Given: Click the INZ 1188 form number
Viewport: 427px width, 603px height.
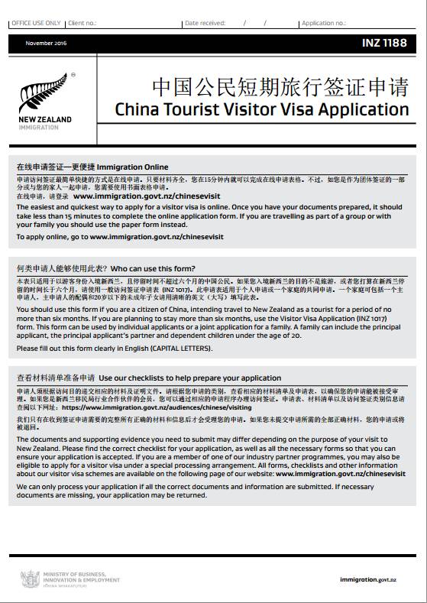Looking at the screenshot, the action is click(x=385, y=44).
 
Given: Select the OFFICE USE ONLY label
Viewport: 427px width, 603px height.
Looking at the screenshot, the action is click(x=36, y=24).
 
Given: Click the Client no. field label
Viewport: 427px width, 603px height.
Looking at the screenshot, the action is click(x=83, y=24).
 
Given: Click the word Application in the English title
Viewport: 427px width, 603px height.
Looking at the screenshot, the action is click(x=365, y=109).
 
